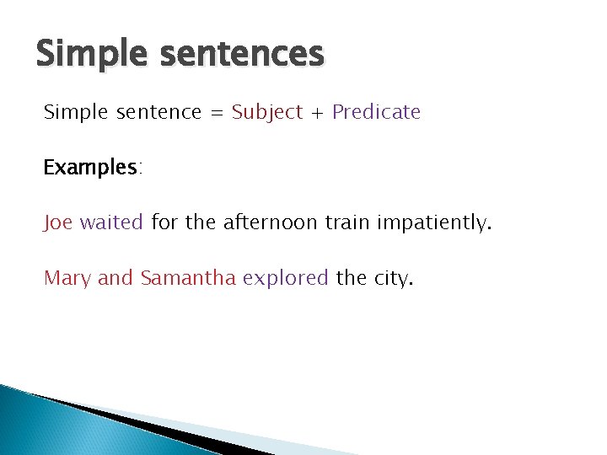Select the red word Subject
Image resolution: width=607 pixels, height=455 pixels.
266,112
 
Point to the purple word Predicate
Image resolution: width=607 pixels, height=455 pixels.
376,112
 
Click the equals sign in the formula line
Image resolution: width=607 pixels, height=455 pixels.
217,113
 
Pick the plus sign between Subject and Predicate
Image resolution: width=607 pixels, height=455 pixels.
317,113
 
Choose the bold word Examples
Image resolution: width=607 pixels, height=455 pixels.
91,168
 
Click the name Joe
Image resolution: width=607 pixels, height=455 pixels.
59,222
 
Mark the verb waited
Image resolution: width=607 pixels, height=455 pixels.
112,222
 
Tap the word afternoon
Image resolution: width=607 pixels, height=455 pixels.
271,222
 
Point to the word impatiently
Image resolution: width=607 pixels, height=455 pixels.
432,223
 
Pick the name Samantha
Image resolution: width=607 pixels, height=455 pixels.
188,278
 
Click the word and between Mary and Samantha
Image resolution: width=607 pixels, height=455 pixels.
115,278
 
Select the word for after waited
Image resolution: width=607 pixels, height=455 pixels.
164,222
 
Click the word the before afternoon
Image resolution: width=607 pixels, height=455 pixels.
201,222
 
